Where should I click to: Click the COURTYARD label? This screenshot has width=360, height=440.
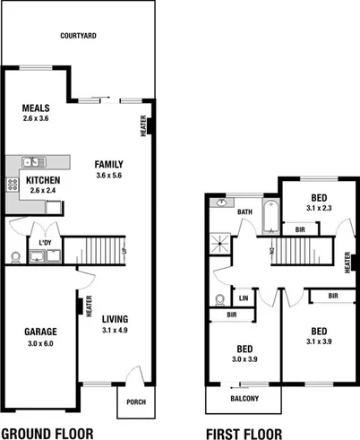click(x=79, y=37)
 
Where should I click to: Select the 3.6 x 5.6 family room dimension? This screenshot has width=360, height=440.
click(x=108, y=176)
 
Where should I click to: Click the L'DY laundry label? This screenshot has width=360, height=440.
click(x=44, y=242)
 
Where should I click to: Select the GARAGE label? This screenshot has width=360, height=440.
click(x=40, y=331)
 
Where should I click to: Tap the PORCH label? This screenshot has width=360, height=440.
click(x=135, y=402)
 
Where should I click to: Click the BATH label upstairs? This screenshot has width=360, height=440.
click(x=244, y=212)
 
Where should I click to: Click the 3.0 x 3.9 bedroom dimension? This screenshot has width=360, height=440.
click(x=244, y=359)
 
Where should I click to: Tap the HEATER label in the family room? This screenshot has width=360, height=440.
click(x=143, y=125)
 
